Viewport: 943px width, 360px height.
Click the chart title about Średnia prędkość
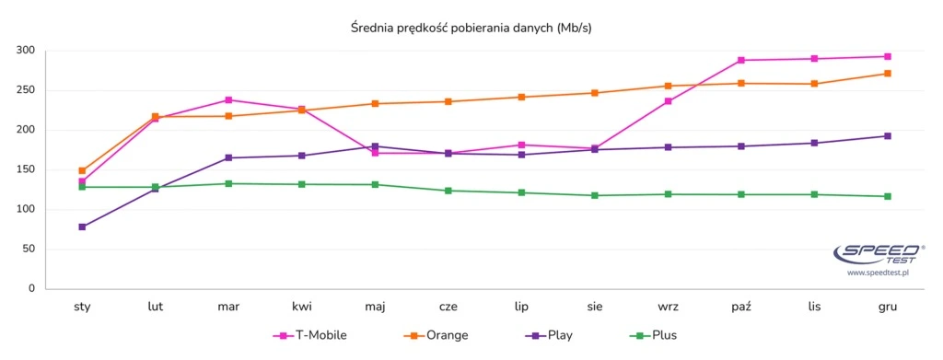coord(471,28)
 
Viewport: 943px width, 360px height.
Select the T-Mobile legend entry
coord(309,335)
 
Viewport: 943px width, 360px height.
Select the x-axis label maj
coord(375,307)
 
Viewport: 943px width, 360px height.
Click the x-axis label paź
coord(741,307)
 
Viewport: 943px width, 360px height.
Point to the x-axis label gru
coord(888,307)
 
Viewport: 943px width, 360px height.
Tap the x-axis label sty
coord(82,307)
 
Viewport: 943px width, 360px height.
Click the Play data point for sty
coord(82,226)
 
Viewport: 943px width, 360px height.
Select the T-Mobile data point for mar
coord(228,99)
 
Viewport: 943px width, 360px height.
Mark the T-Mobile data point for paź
coord(741,60)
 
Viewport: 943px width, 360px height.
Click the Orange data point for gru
coord(888,73)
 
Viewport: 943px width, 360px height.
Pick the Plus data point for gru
coord(888,196)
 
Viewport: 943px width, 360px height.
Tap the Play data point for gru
coord(888,135)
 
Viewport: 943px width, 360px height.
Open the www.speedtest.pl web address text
coord(878,273)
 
